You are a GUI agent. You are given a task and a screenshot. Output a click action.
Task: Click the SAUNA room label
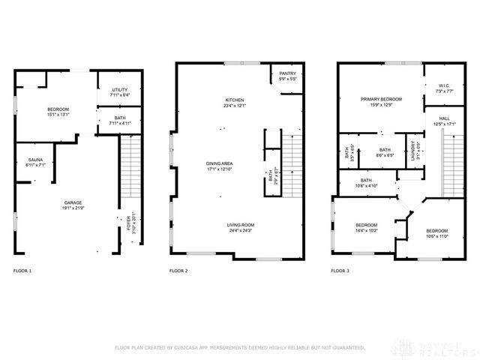(x=35, y=160)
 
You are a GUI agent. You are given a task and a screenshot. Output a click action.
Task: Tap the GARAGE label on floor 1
(x=72, y=202)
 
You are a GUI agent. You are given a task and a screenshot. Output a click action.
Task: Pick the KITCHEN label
(x=235, y=100)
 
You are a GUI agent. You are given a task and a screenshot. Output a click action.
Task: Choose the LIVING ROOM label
(x=241, y=224)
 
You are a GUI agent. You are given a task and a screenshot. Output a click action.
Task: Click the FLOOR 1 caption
(x=22, y=270)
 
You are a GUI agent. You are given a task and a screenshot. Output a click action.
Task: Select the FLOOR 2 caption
(x=178, y=270)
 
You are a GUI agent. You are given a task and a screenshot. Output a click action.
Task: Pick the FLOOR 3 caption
(x=341, y=270)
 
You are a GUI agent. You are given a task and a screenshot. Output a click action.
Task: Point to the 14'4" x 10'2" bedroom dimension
(x=366, y=230)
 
